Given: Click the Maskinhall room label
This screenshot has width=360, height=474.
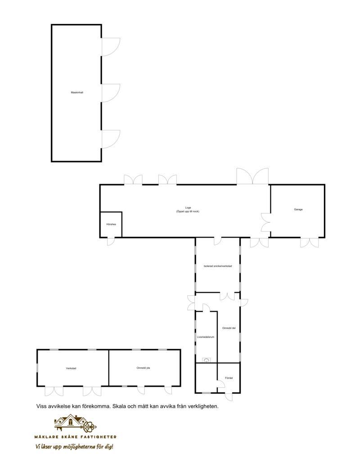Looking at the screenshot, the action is [77, 92].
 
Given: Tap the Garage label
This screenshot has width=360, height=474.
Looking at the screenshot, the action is [298, 209].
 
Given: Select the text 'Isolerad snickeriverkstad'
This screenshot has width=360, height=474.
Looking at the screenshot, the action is [218, 266].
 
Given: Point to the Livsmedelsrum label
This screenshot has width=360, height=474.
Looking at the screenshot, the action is [206, 337].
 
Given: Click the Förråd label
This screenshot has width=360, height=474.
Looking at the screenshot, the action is [229, 378].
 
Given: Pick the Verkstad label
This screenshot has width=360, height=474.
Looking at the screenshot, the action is [71, 368].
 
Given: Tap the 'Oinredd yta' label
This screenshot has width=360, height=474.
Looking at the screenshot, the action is [143, 368].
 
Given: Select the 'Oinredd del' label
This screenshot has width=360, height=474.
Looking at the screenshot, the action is [229, 328].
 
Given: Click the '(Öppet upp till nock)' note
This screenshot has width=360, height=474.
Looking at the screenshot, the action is [188, 211].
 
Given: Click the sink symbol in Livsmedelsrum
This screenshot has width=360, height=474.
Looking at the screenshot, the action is [207, 360].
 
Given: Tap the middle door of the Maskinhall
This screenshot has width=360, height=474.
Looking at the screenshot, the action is [110, 93].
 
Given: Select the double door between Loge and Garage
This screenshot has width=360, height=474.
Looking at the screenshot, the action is [265, 222].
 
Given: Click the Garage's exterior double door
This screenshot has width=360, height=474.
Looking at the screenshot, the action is [309, 243].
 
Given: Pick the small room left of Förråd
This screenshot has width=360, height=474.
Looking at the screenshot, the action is [206, 378].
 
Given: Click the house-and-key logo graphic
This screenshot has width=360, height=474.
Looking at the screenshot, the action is [75, 423].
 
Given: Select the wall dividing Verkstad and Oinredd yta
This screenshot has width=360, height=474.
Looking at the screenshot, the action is [108, 368].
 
